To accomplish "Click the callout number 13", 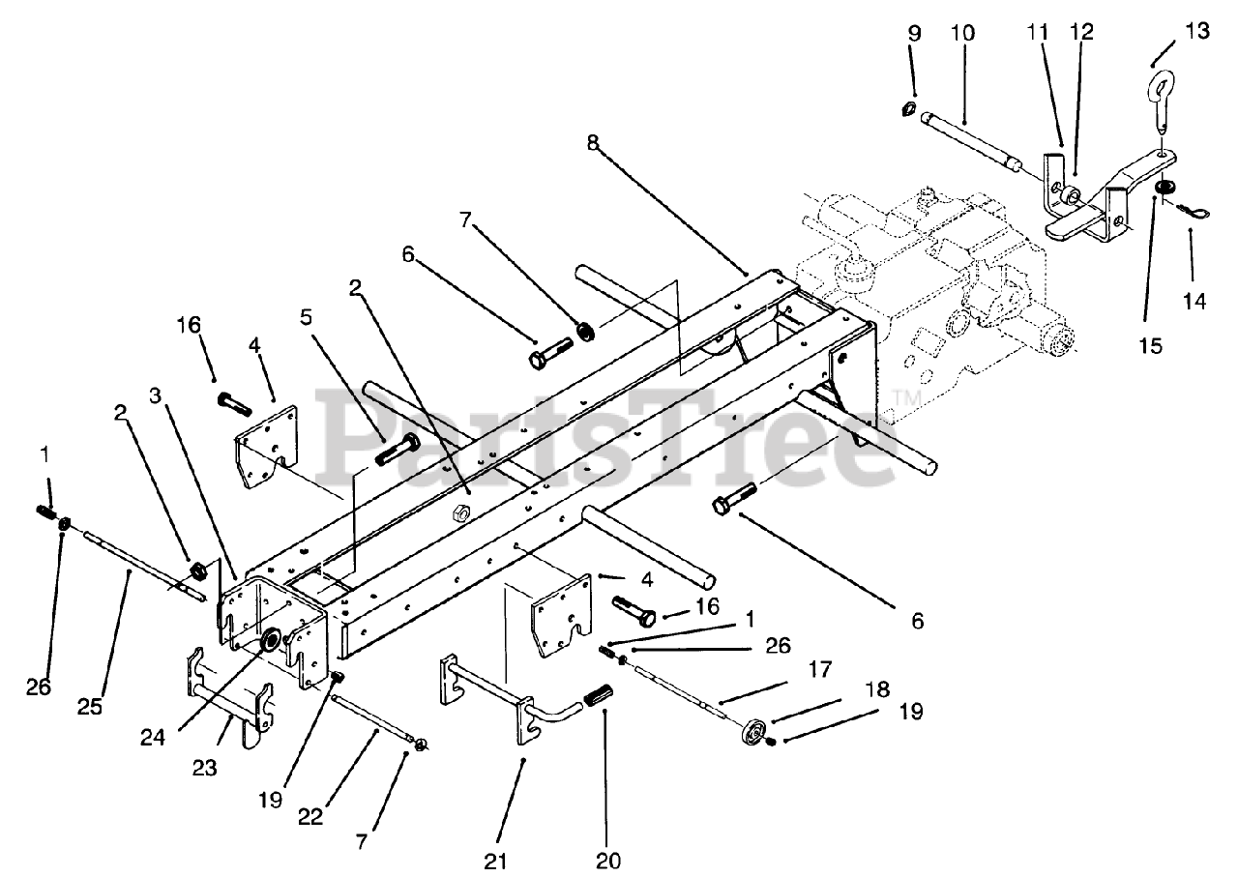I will (x=1196, y=31).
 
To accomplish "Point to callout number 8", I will (x=592, y=142).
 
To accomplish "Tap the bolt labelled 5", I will (x=395, y=449).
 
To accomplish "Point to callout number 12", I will (x=1081, y=32).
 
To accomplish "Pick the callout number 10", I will (x=962, y=32).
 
